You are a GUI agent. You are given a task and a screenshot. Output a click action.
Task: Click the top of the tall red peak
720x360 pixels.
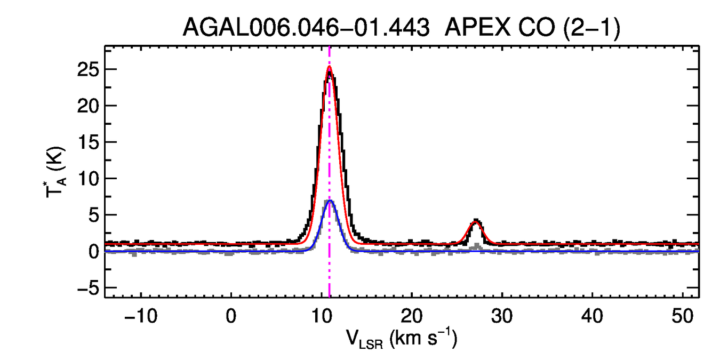tap(329, 67)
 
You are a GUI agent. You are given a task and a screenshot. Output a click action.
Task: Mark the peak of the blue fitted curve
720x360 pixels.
tap(330, 201)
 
